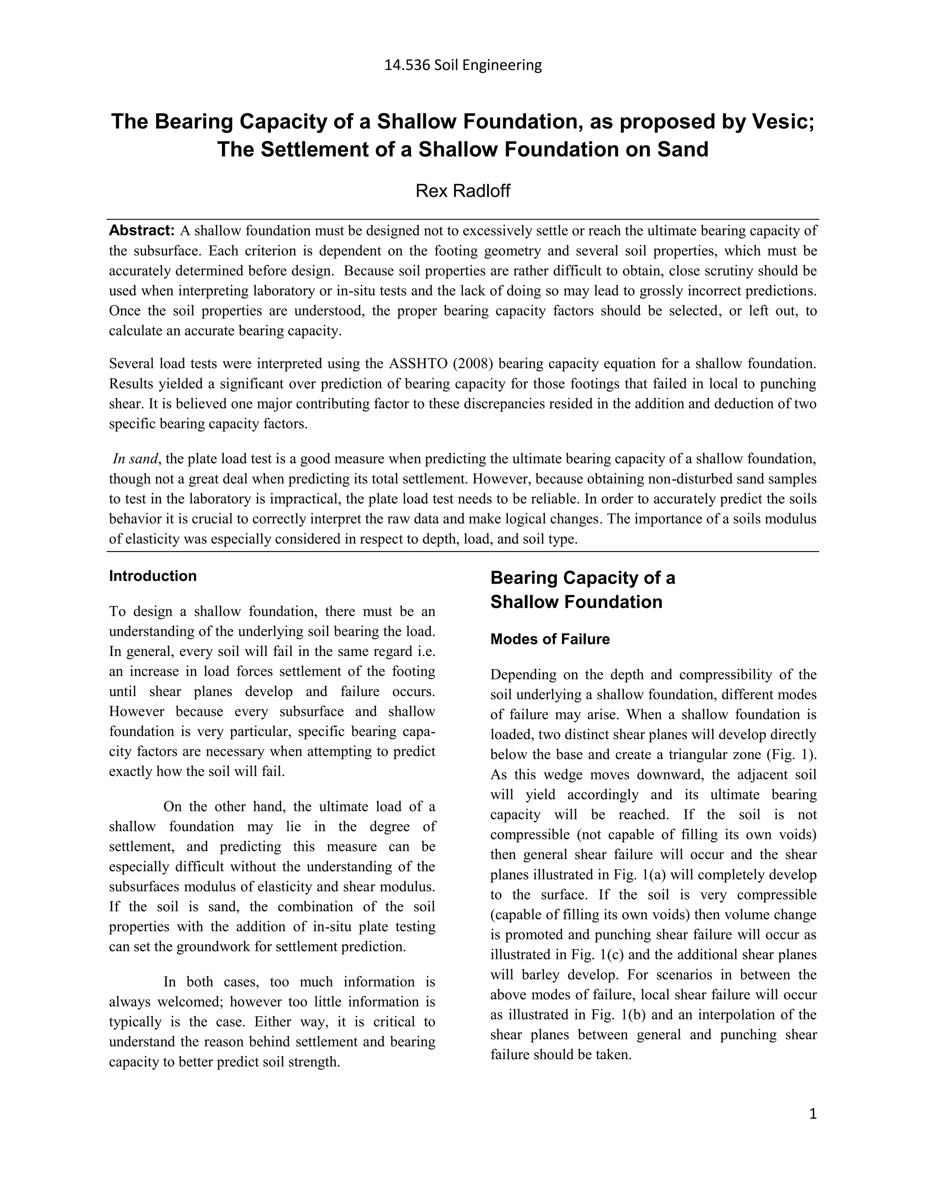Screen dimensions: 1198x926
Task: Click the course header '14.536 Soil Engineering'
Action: coord(463,65)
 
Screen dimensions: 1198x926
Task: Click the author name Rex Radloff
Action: coord(463,191)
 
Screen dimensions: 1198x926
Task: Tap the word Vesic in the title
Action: coord(782,121)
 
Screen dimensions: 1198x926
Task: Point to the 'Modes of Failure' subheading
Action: coord(550,639)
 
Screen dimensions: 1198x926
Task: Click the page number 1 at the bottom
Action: coord(813,1113)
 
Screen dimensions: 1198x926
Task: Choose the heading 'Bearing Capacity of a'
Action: coord(582,578)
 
